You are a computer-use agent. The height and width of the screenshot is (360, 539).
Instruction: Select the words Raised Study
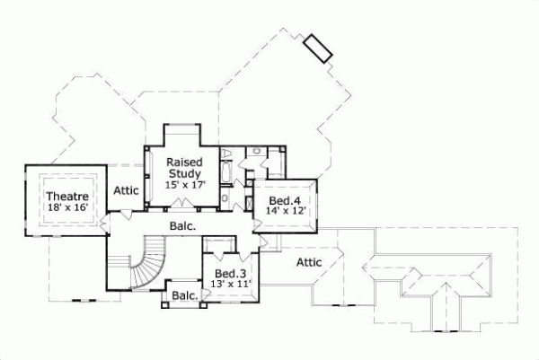(183, 168)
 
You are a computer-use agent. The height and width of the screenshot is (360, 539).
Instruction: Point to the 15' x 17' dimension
(185, 185)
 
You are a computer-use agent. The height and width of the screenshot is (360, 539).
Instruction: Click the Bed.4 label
(287, 199)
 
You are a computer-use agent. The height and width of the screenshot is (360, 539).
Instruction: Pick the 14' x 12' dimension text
(287, 211)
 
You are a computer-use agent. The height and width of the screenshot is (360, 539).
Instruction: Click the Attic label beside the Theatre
(126, 190)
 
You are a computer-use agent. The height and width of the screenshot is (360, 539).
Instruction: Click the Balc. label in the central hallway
(182, 227)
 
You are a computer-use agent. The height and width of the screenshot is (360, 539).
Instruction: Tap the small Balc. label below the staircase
(184, 295)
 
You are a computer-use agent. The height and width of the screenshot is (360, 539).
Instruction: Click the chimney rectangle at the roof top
(318, 48)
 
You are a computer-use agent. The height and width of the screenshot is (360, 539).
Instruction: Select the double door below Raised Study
(184, 210)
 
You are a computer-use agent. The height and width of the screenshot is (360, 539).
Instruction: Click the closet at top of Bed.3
(217, 244)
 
